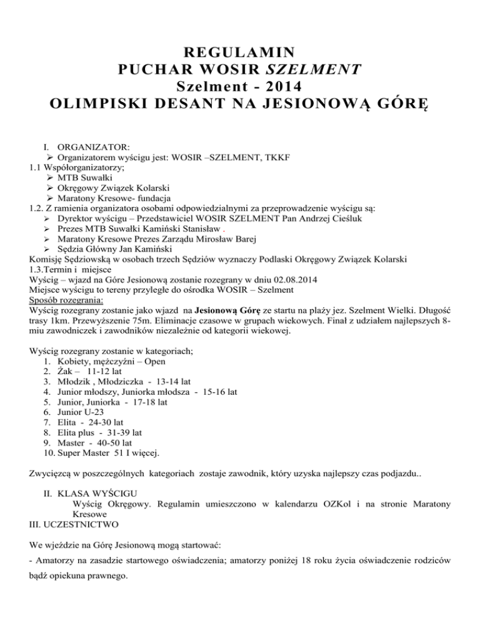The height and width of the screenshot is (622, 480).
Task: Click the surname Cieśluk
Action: tap(347, 222)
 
